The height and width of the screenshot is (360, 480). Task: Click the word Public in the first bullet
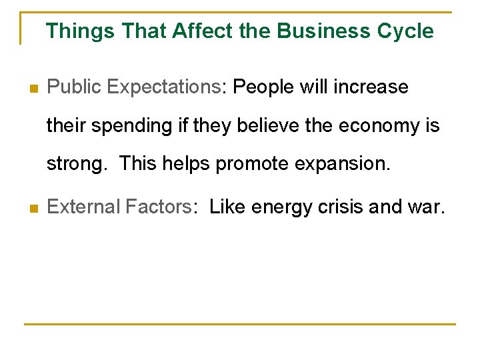tap(73, 87)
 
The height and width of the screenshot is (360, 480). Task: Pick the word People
tap(265, 87)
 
